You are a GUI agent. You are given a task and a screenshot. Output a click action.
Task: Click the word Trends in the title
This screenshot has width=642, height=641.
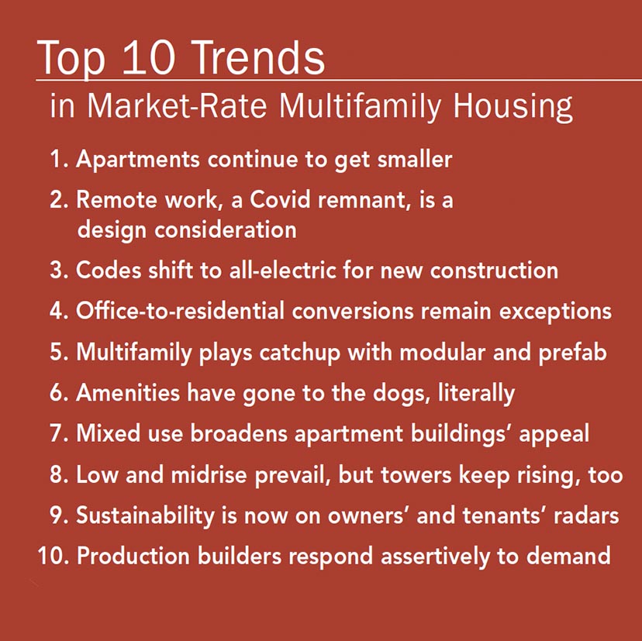(x=257, y=57)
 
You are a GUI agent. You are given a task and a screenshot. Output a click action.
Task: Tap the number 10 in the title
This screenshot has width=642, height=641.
(x=149, y=57)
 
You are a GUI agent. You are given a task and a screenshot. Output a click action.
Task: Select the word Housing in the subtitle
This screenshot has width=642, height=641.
(x=513, y=107)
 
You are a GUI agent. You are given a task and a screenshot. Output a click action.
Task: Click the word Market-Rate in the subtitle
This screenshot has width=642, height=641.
(x=177, y=105)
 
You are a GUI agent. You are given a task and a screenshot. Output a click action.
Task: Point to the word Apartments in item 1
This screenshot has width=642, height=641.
(x=138, y=160)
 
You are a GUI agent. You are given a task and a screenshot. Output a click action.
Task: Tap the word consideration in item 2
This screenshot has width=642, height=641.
(x=225, y=229)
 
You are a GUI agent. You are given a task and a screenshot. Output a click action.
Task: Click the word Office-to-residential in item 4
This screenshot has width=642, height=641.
(x=180, y=311)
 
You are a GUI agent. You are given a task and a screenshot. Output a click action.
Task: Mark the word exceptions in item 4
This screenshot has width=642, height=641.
(x=555, y=312)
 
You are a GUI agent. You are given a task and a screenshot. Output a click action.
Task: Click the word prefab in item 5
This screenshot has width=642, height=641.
(x=572, y=353)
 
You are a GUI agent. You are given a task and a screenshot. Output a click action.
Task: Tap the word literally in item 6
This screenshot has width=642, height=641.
(x=476, y=394)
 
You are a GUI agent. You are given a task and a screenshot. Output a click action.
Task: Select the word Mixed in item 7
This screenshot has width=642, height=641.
(x=108, y=433)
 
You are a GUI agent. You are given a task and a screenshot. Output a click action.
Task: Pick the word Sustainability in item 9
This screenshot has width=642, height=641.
(x=145, y=515)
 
